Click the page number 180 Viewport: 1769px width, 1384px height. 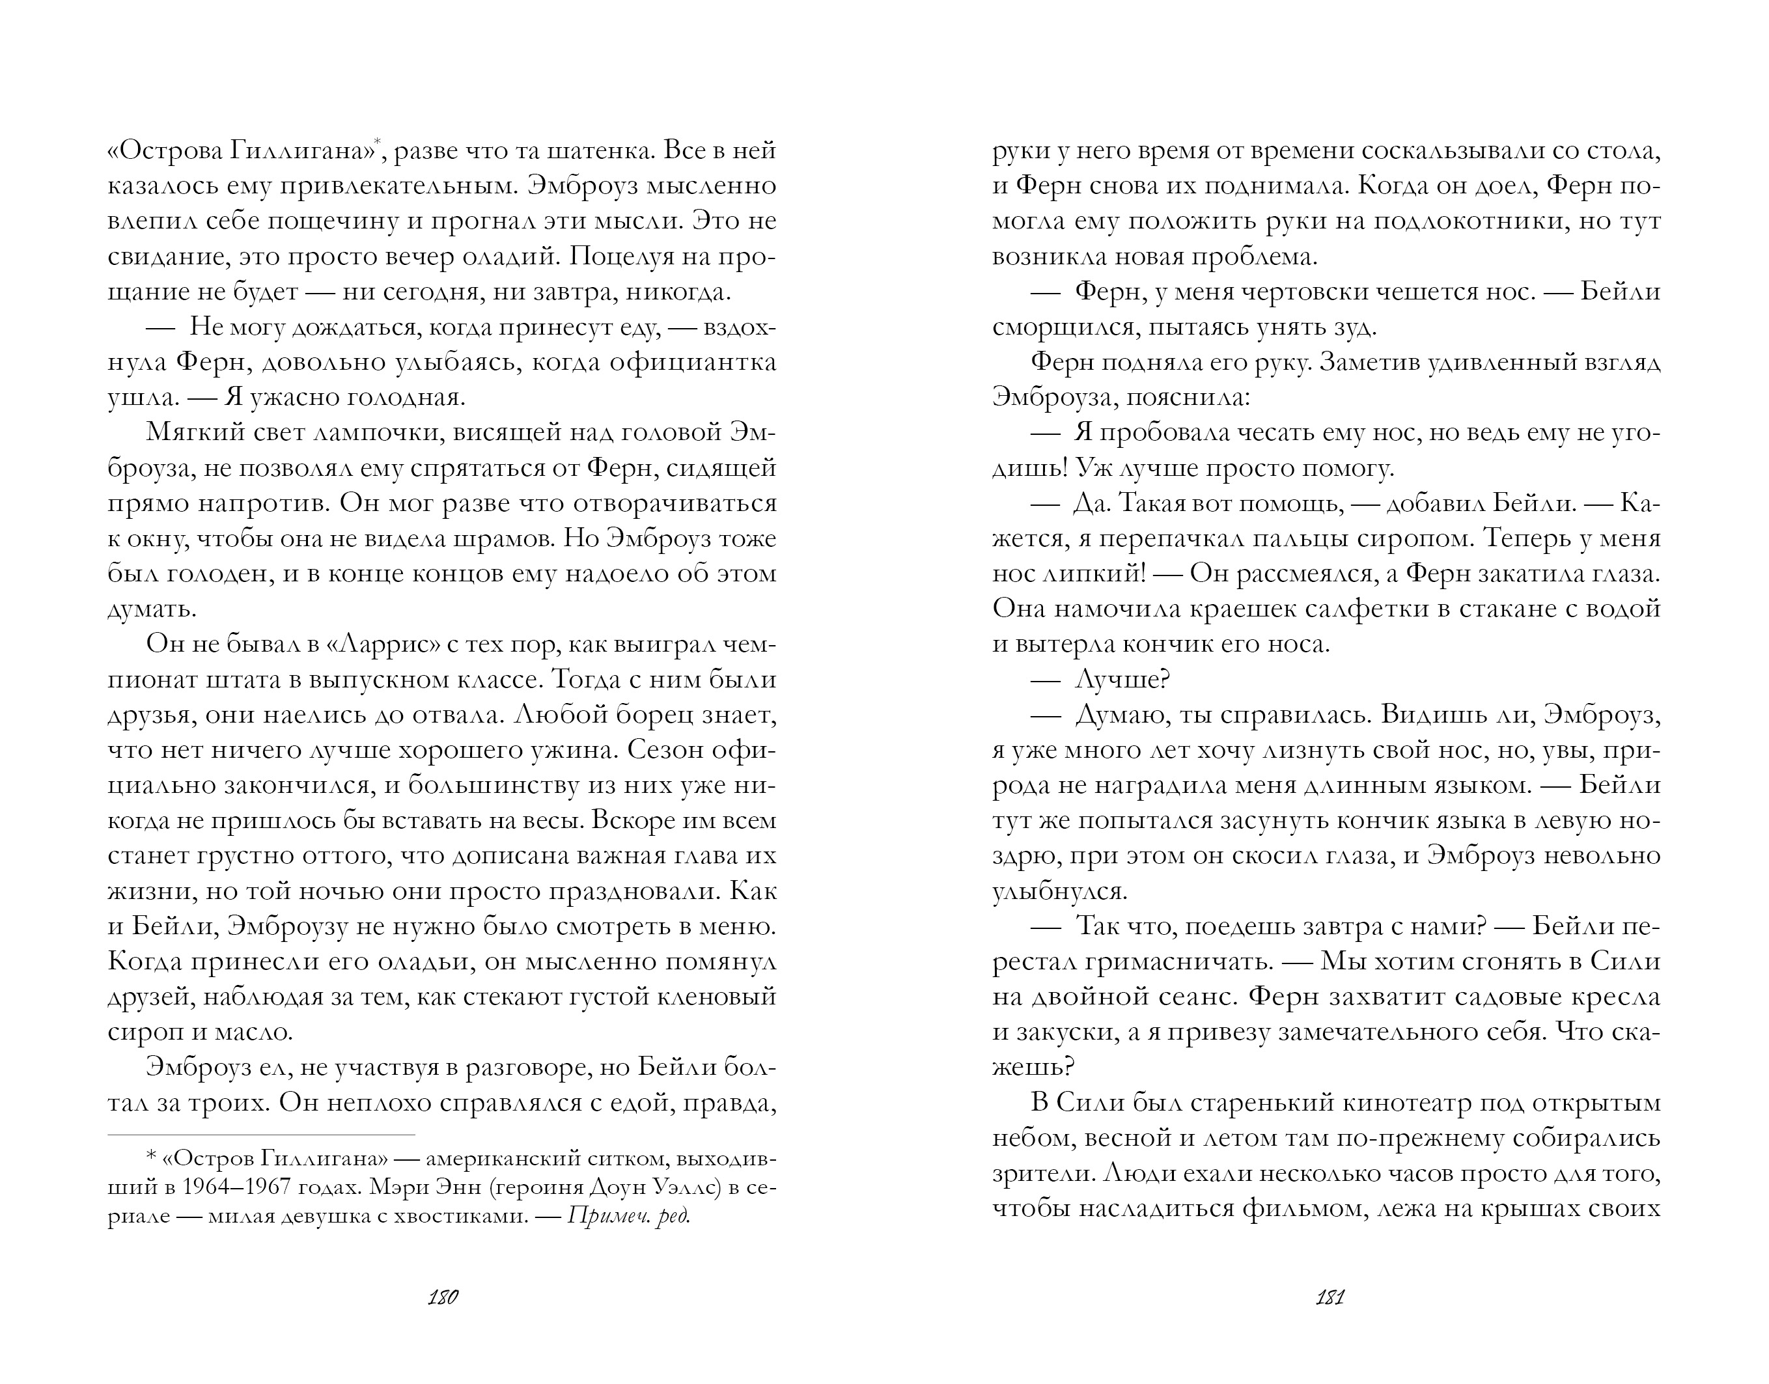tap(443, 1297)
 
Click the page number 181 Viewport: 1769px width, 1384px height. tap(1330, 1297)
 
